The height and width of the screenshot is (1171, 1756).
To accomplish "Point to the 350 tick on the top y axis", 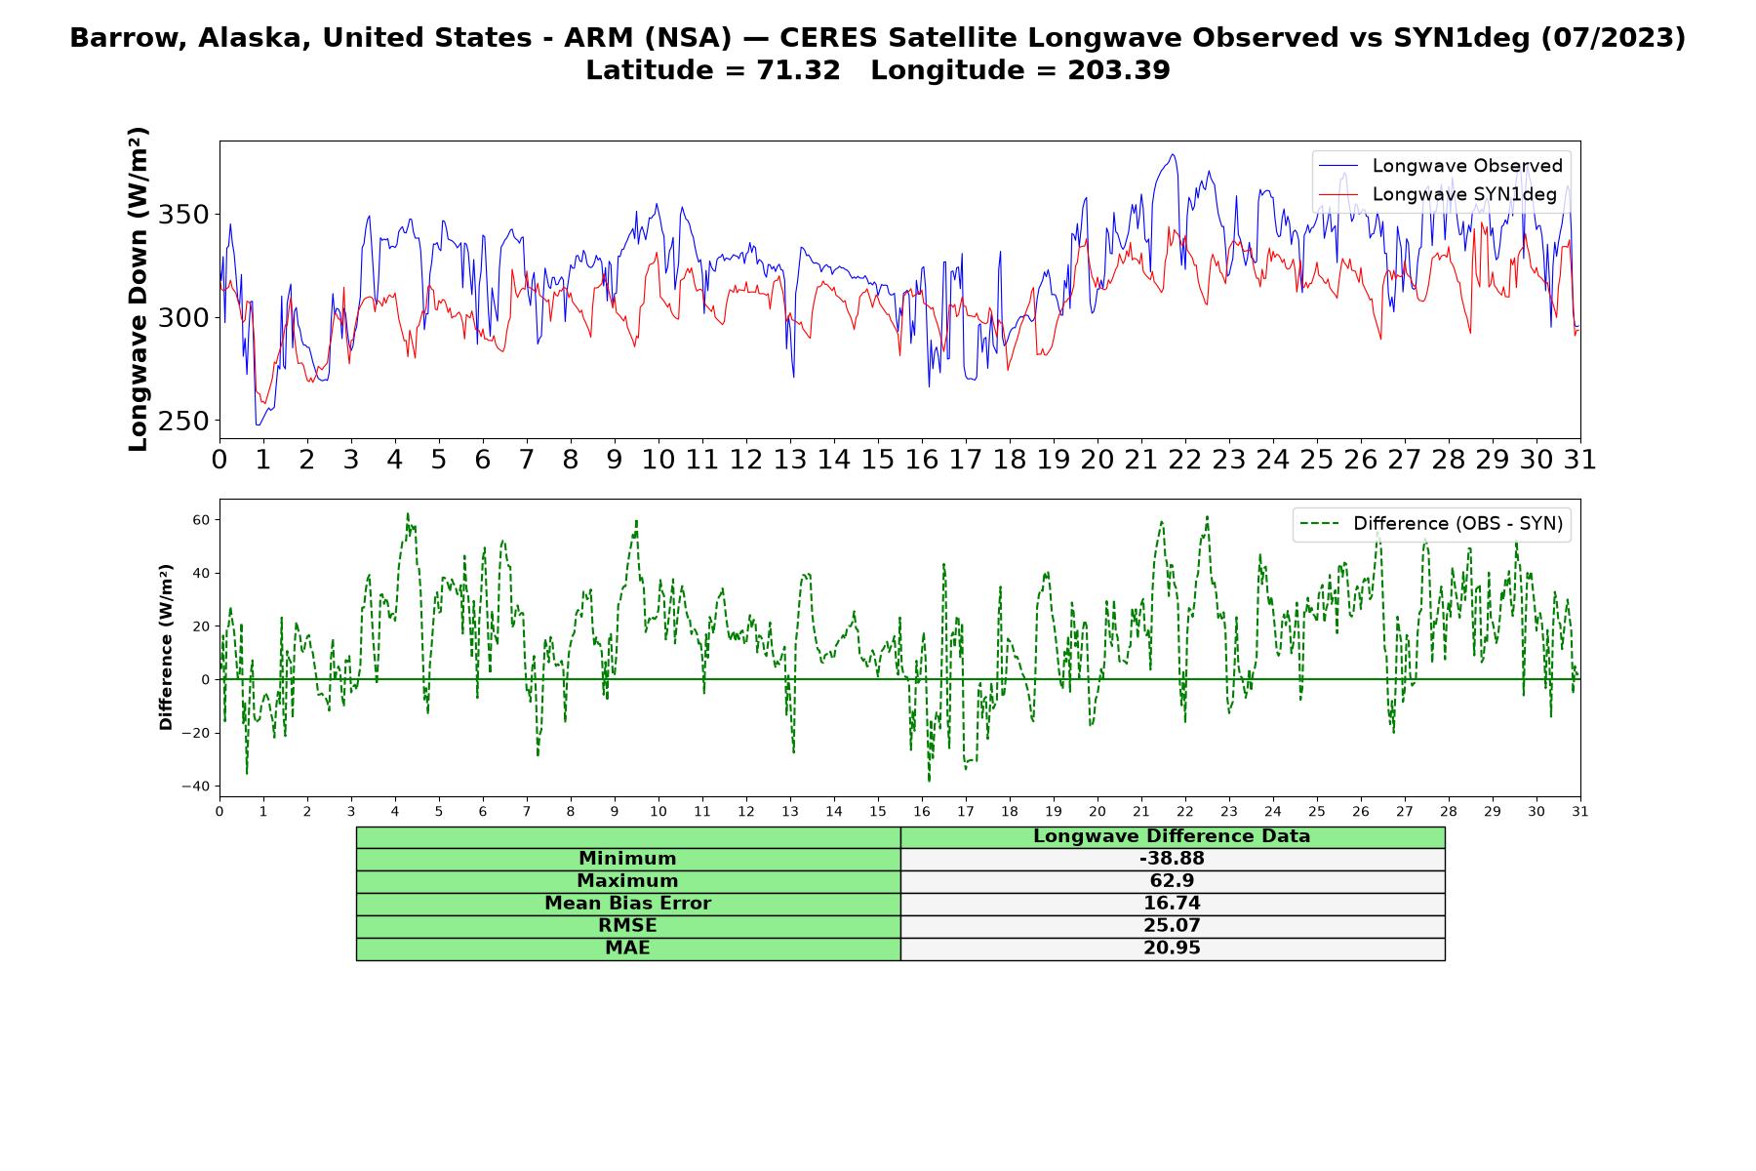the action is click(x=184, y=215).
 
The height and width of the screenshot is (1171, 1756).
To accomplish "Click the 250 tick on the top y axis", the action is click(x=184, y=422).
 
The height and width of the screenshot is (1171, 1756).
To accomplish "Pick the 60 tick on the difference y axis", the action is click(x=201, y=520).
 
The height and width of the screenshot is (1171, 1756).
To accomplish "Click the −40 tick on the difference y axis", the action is click(x=196, y=787).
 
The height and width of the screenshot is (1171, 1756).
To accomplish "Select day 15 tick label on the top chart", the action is click(x=878, y=460).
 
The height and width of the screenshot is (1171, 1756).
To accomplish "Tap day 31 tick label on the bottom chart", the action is click(x=1580, y=811).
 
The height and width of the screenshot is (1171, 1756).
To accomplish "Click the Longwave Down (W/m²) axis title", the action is click(x=139, y=289).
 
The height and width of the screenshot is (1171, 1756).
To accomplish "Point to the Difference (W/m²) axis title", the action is click(x=166, y=647).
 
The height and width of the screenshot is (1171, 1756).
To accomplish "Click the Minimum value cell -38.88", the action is click(x=1172, y=859).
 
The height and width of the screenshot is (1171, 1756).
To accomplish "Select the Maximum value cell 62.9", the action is click(x=1172, y=881).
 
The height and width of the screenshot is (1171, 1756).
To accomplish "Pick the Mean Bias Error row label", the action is click(x=627, y=904).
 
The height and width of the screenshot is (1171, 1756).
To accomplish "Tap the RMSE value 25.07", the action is click(x=1172, y=926).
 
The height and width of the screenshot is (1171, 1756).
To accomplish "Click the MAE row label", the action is click(x=627, y=949).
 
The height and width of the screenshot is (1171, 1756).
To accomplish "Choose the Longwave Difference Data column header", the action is click(x=1172, y=836).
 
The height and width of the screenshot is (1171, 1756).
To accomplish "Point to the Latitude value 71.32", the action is click(x=798, y=71).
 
